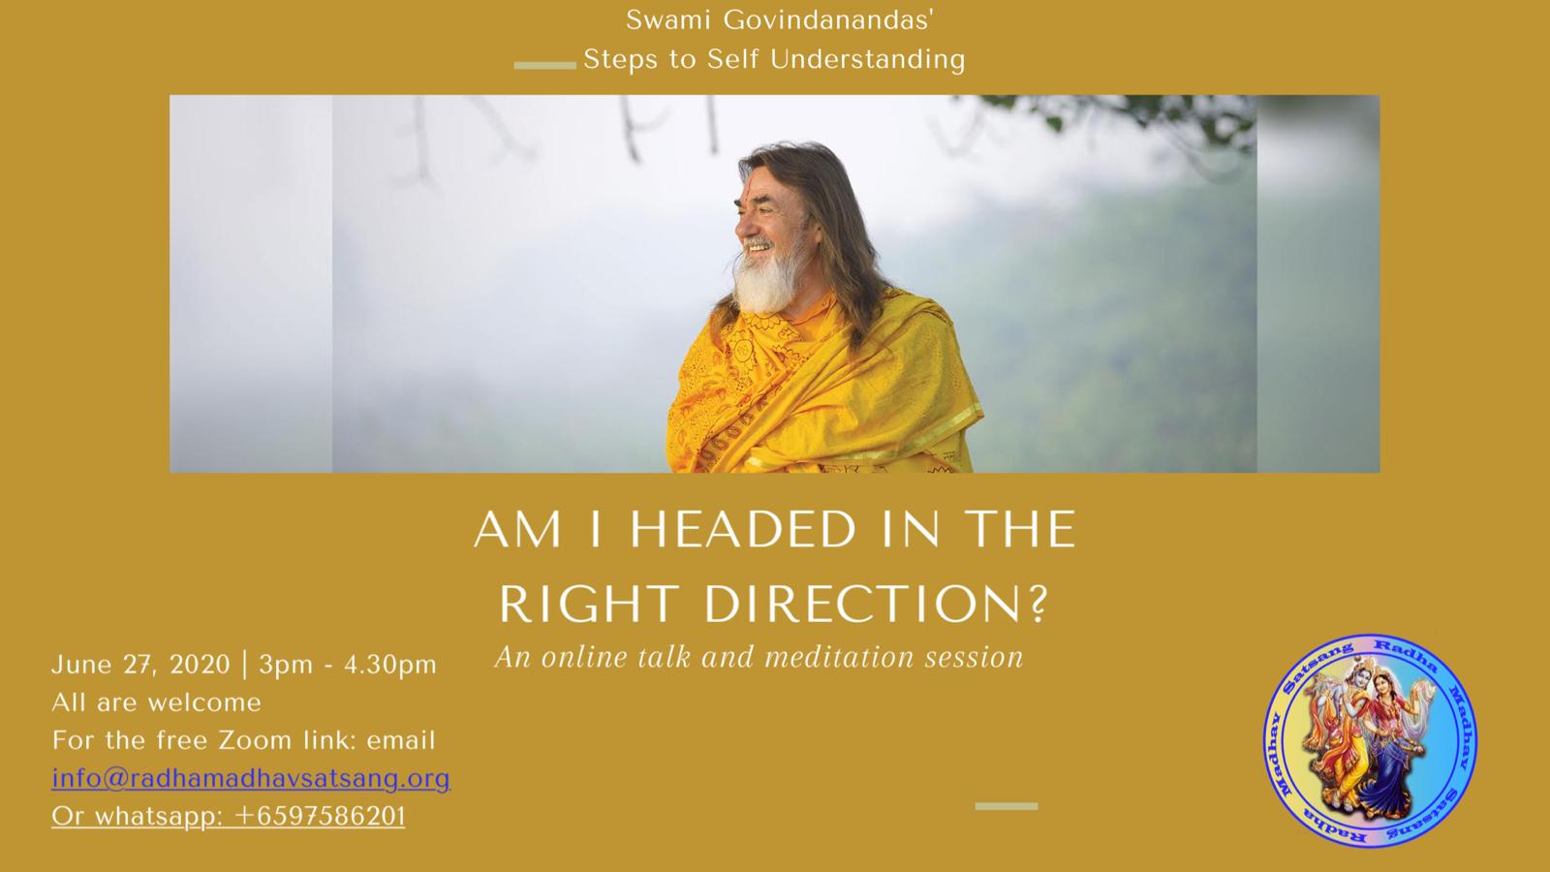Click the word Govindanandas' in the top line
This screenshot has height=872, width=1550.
[829, 20]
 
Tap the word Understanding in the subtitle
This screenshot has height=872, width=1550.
[868, 59]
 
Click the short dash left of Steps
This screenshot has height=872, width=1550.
[544, 66]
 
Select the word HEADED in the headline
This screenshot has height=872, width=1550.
[743, 529]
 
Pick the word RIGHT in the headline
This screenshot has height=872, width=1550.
[587, 605]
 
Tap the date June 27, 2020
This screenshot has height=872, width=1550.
[140, 665]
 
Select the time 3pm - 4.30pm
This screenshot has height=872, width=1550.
[348, 665]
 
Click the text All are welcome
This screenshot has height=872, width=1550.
[156, 702]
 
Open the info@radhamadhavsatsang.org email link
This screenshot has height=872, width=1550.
[251, 779]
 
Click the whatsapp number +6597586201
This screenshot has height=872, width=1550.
[320, 817]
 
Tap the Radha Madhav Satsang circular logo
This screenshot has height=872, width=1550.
[1370, 740]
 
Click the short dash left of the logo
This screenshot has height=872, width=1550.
[1007, 806]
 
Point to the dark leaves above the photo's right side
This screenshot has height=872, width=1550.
[1142, 114]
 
